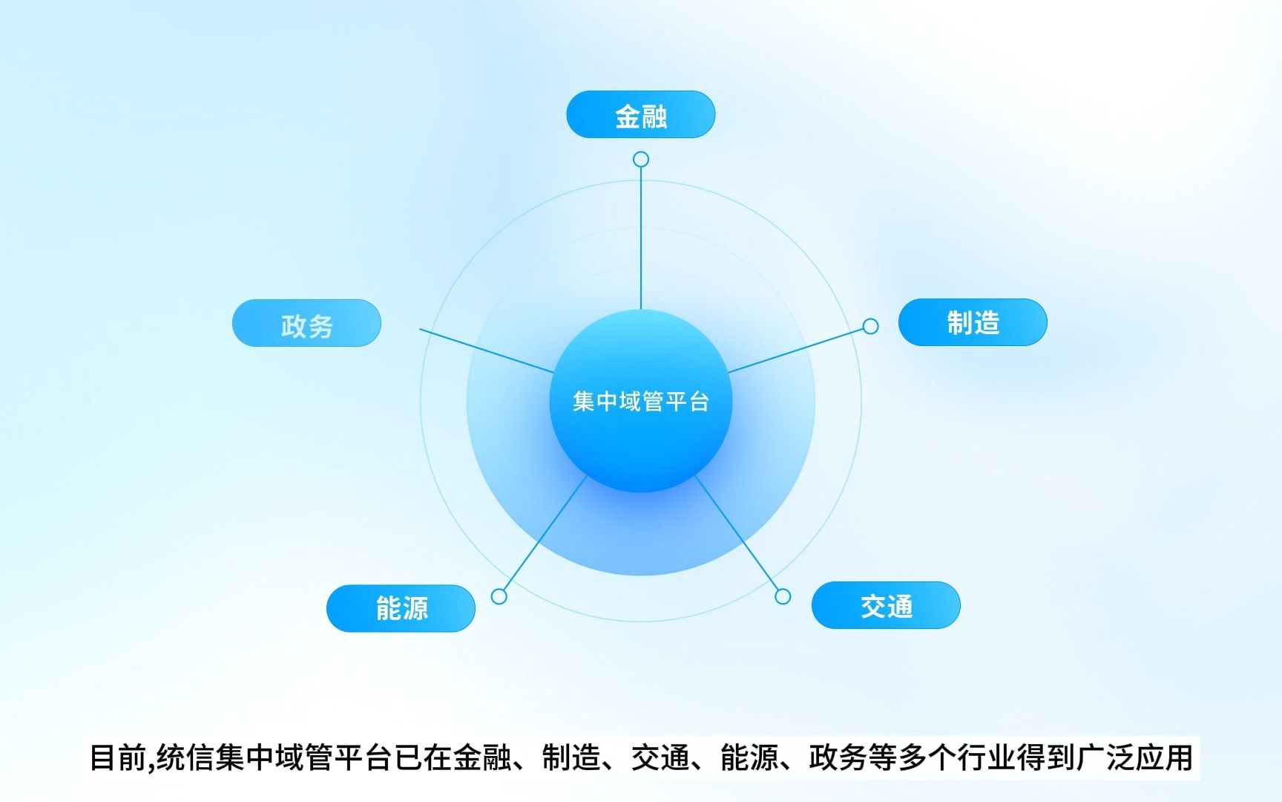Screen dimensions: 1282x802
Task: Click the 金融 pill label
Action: (x=641, y=114)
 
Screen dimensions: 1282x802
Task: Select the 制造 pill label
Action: (x=973, y=322)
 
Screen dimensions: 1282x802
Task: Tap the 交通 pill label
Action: (x=886, y=605)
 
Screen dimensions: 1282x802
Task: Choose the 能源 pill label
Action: (x=401, y=608)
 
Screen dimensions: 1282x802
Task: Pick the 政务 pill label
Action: (x=306, y=323)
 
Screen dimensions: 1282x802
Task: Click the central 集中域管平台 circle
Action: (x=641, y=401)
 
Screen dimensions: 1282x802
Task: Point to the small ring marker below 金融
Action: (x=641, y=160)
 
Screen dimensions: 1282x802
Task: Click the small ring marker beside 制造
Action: (x=871, y=326)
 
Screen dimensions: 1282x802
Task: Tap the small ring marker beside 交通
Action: (x=783, y=596)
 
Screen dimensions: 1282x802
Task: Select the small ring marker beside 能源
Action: (x=499, y=596)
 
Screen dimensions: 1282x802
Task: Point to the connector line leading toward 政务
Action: (x=487, y=351)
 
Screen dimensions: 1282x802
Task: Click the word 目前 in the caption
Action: (x=119, y=758)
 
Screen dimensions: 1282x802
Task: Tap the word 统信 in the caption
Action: (x=185, y=758)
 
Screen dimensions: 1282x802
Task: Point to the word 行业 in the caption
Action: (x=986, y=758)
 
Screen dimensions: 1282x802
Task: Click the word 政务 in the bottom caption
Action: (x=838, y=758)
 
